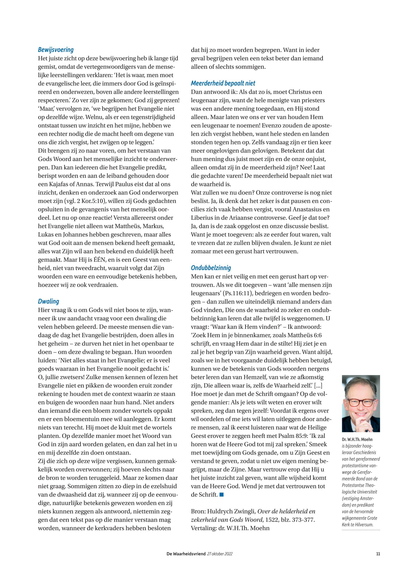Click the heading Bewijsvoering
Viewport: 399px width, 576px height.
pos(56,50)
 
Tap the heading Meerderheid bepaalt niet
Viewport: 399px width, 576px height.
pos(223,83)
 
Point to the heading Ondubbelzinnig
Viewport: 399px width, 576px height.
pos(211,268)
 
